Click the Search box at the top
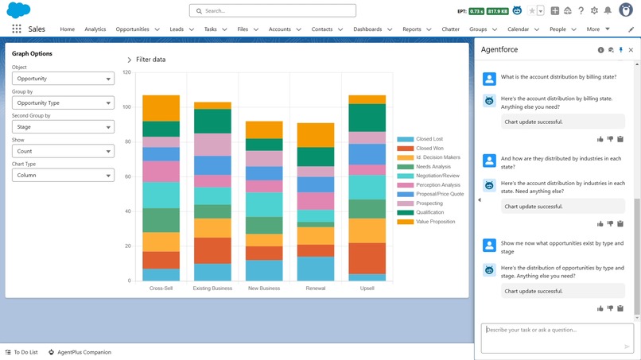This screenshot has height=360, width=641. click(x=273, y=11)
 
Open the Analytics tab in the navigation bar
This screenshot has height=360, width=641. click(x=95, y=29)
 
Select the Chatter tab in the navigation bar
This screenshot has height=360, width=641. click(x=450, y=29)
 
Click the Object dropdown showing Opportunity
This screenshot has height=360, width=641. click(x=63, y=79)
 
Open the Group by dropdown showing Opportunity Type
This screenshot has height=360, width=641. click(x=63, y=103)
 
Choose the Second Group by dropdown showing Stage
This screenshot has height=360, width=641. click(x=63, y=127)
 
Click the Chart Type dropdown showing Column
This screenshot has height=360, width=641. click(x=63, y=175)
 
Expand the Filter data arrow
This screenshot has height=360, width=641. click(x=130, y=60)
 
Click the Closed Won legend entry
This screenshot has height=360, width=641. click(x=429, y=149)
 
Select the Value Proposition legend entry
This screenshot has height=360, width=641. click(x=435, y=222)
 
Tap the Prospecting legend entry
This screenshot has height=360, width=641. click(x=429, y=203)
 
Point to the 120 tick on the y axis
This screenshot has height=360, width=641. click(x=126, y=72)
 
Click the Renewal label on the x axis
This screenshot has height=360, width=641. click(x=316, y=288)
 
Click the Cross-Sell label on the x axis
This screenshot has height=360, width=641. click(x=161, y=288)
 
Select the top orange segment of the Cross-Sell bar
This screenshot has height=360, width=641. click(x=161, y=108)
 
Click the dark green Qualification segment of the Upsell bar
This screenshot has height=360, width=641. click(x=367, y=118)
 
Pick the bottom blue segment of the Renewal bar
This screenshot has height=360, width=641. click(x=316, y=269)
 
